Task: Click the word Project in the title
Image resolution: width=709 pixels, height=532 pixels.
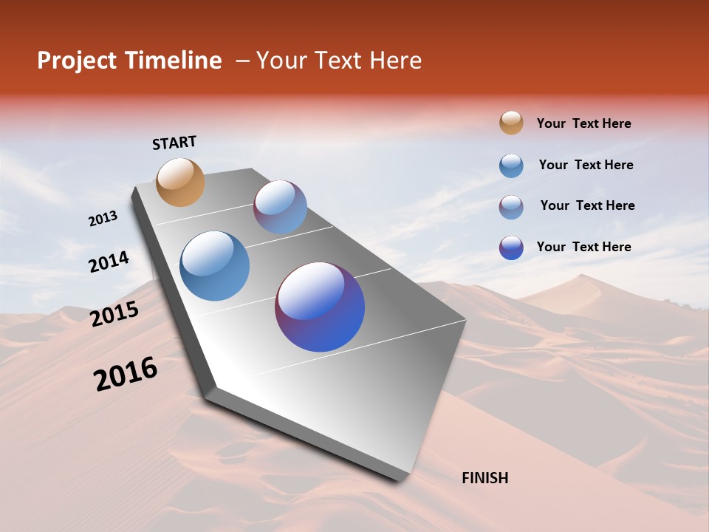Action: click(77, 61)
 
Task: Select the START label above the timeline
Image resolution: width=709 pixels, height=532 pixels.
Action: click(174, 143)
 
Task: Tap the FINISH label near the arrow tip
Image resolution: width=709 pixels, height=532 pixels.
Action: click(485, 478)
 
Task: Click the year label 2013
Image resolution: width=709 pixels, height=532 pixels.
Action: click(103, 219)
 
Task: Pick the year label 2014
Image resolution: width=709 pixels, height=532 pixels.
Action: click(109, 262)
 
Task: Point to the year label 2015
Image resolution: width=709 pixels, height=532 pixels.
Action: click(114, 314)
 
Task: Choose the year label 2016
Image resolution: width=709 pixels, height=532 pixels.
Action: click(126, 374)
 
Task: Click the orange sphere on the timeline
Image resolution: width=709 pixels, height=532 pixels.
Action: click(180, 182)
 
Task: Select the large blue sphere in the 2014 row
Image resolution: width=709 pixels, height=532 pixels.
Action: click(215, 266)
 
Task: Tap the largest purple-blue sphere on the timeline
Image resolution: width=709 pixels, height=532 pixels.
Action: click(320, 307)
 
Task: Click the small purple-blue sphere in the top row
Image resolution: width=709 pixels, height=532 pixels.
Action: click(280, 207)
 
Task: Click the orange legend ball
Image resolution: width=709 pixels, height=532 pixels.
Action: click(511, 123)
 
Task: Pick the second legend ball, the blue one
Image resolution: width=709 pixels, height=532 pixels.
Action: click(511, 166)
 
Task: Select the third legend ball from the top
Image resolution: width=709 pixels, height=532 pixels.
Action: click(511, 207)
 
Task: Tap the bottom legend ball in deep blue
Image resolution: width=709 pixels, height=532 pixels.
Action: click(511, 248)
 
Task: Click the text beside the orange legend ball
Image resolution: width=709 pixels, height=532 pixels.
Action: click(583, 123)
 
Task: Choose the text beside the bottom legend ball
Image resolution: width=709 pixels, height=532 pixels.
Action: click(583, 247)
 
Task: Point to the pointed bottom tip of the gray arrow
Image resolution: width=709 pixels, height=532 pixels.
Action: click(399, 478)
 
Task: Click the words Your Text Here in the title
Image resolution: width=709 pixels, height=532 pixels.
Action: click(339, 61)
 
